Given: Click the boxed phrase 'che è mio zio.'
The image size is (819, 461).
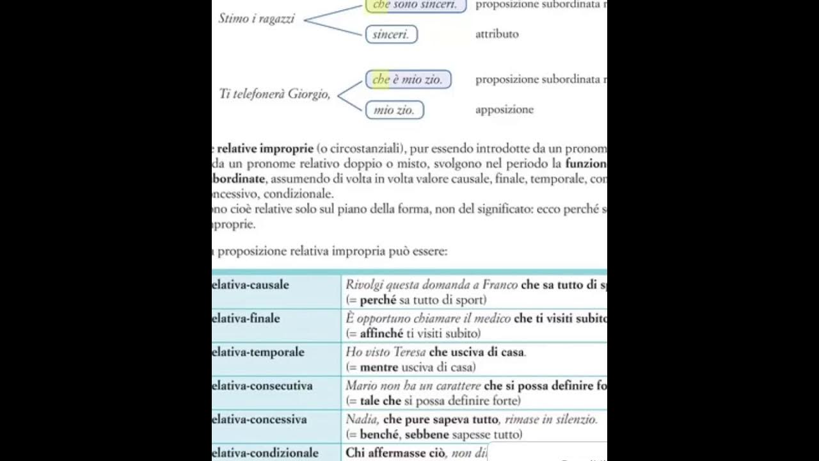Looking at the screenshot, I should coord(408,80).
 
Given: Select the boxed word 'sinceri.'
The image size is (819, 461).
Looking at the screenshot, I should coord(391,35).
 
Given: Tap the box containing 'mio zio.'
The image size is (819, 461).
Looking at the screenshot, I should coord(394,110).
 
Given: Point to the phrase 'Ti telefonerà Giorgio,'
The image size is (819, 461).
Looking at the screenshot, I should coord(275,94).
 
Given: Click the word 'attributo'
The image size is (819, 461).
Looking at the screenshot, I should coord(497,34).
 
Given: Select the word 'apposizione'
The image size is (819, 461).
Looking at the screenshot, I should coord(504,109).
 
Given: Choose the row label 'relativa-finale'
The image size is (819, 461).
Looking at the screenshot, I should coord(246,318).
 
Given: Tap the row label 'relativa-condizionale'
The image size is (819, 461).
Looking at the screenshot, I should coord(266,453).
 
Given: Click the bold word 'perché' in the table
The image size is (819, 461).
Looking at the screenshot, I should coord(378,300).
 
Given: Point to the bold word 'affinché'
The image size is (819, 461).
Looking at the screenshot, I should coord(381,334).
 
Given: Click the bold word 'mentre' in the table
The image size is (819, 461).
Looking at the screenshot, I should coord(379,368).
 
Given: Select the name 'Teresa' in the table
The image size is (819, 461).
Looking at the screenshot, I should coord(408,352).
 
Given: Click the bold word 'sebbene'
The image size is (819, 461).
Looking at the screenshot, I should coord(427,435).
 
